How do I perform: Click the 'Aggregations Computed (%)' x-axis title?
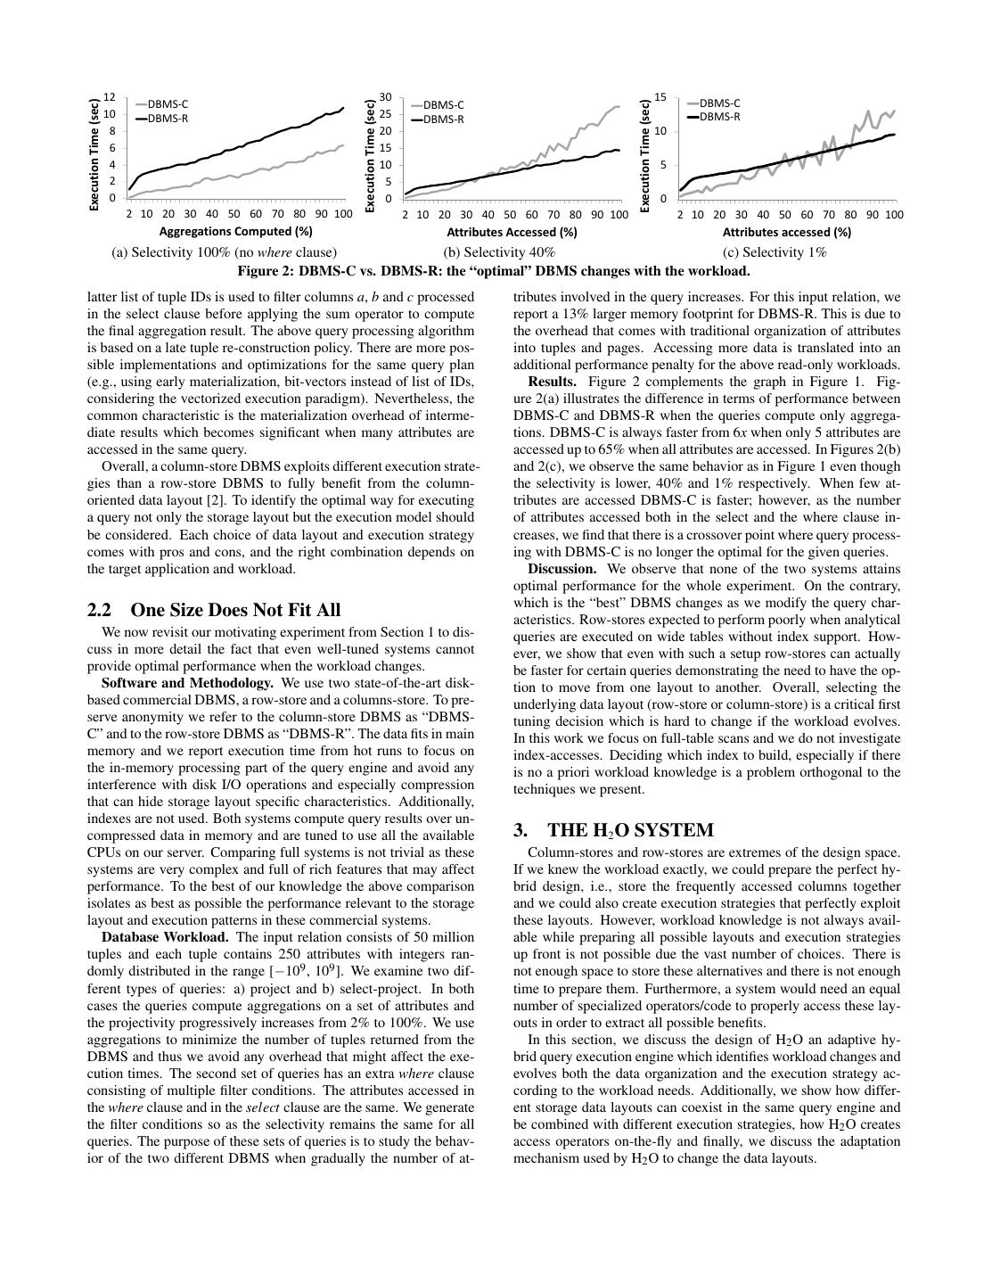coord(236,232)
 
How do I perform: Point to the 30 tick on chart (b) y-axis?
coord(386,97)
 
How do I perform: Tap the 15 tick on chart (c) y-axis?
coord(660,97)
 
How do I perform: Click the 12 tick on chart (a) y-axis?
coord(110,97)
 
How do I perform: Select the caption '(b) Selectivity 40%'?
coord(499,252)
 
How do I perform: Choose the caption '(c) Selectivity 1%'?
coord(775,252)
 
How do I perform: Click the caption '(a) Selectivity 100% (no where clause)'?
coord(225,252)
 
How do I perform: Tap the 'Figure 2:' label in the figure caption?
coord(265,271)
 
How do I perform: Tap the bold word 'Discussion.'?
coord(562,569)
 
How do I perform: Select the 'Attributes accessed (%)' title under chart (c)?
coord(786,232)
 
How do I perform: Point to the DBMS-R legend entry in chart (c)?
coord(719,117)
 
